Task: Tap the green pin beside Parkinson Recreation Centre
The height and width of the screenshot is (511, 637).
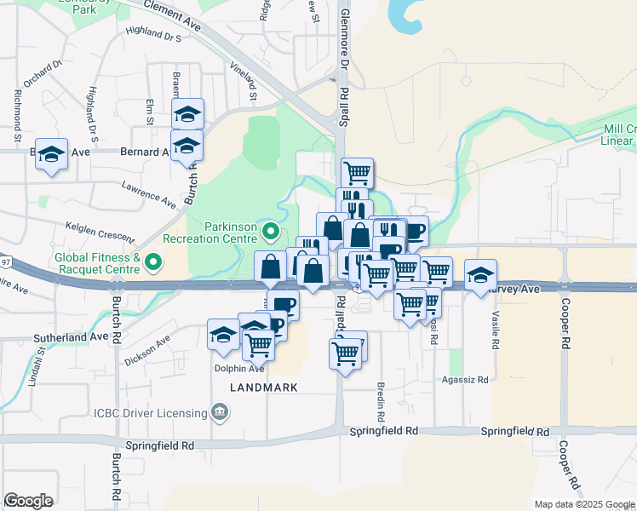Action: click(272, 231)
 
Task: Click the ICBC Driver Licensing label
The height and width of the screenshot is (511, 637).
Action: click(150, 413)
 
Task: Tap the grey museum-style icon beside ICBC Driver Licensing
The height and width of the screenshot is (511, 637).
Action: click(220, 413)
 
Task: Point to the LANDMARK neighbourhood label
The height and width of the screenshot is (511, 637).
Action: click(264, 388)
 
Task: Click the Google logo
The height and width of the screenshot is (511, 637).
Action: click(29, 501)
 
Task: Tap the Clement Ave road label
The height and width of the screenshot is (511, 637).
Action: click(172, 15)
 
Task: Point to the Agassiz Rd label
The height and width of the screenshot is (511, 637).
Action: click(465, 380)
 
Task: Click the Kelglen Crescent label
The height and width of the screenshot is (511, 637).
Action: click(100, 231)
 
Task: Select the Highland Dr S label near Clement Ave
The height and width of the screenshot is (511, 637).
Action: click(153, 36)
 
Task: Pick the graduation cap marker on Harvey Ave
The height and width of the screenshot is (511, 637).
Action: click(481, 274)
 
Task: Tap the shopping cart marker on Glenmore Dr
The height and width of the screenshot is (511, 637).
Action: click(358, 173)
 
